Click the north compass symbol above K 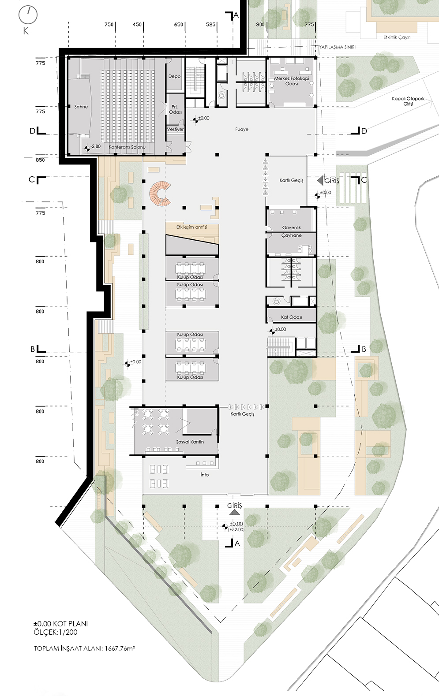(28, 15)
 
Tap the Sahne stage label (81, 107)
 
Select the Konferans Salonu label (127, 147)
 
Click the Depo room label (174, 76)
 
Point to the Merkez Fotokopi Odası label (291, 81)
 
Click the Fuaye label (242, 129)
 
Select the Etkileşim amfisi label (192, 227)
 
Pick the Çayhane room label (291, 235)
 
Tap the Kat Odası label (291, 317)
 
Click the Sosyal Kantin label (190, 442)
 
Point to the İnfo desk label (205, 475)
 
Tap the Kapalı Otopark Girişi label (408, 101)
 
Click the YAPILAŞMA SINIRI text (338, 47)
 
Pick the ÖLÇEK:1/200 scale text (56, 632)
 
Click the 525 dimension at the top (211, 25)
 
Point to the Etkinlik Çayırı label (397, 37)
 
